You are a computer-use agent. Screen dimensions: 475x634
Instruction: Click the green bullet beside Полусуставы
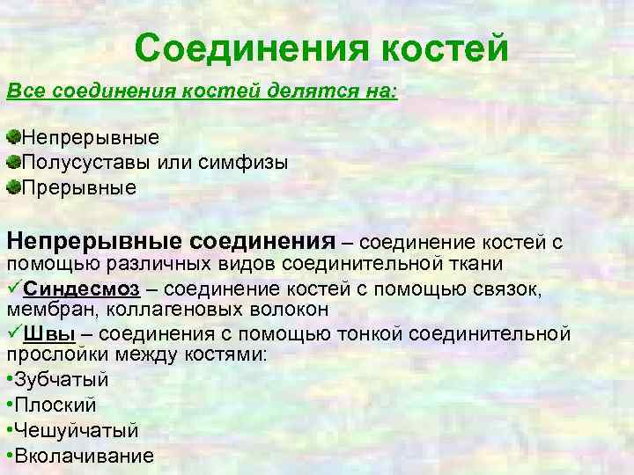pyautogui.click(x=13, y=162)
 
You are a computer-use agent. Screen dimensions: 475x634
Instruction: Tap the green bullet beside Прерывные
pyautogui.click(x=13, y=187)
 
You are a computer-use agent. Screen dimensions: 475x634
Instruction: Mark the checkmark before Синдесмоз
pyautogui.click(x=15, y=289)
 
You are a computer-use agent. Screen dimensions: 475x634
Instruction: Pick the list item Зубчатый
pyautogui.click(x=61, y=381)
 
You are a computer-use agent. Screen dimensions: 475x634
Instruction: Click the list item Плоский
pyautogui.click(x=55, y=406)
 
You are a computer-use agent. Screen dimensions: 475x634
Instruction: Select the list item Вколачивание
pyautogui.click(x=84, y=456)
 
